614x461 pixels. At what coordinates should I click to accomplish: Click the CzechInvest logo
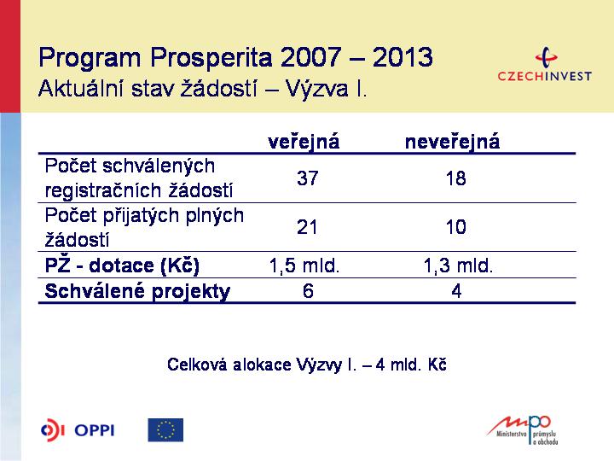544,64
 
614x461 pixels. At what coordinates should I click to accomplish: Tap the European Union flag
165,430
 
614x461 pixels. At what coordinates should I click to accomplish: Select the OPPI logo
78,430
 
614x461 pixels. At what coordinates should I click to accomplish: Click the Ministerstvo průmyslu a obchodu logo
523,430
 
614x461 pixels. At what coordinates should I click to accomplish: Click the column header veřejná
304,142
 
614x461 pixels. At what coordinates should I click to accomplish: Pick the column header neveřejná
452,142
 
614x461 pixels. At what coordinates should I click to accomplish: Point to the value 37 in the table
307,178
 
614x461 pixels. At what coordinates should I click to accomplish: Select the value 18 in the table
455,178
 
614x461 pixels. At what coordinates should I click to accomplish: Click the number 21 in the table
307,227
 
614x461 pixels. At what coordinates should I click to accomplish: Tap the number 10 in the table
455,227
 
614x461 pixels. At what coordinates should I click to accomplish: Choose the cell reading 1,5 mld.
304,266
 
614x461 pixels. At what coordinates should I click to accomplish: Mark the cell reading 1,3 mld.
458,266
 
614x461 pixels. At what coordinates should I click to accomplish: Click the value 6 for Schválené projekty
308,291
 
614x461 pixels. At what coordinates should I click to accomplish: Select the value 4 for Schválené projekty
456,291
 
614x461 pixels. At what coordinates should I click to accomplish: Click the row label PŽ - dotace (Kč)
122,266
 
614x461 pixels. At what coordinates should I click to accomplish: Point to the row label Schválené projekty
137,291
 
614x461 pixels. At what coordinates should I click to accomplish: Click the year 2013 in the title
403,57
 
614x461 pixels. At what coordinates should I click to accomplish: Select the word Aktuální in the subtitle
81,88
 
